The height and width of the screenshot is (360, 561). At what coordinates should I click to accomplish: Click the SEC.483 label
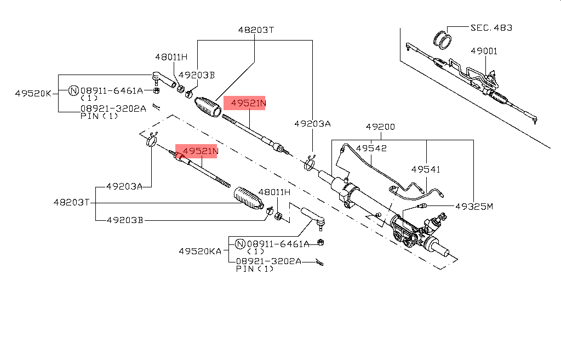(x=491, y=27)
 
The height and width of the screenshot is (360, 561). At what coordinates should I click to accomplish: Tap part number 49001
(x=484, y=51)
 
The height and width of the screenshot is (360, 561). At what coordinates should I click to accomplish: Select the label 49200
(x=380, y=127)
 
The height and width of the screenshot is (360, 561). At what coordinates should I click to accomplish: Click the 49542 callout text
(x=371, y=148)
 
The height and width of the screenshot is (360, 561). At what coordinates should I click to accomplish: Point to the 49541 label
(x=426, y=170)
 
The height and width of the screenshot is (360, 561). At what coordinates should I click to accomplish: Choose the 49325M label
(x=474, y=207)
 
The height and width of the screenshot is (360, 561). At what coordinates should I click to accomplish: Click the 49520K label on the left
(x=33, y=94)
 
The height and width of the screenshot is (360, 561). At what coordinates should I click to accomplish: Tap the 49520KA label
(x=201, y=252)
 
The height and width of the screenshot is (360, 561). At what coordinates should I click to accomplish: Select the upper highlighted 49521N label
(x=248, y=103)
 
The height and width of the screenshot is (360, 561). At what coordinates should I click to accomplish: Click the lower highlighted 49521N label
(x=200, y=151)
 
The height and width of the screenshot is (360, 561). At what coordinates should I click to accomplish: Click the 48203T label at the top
(x=255, y=31)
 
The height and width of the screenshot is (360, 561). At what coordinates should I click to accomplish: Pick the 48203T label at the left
(x=71, y=202)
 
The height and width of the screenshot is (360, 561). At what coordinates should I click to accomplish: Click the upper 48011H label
(x=171, y=57)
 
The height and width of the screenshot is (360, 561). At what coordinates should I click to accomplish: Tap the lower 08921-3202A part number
(x=268, y=261)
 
